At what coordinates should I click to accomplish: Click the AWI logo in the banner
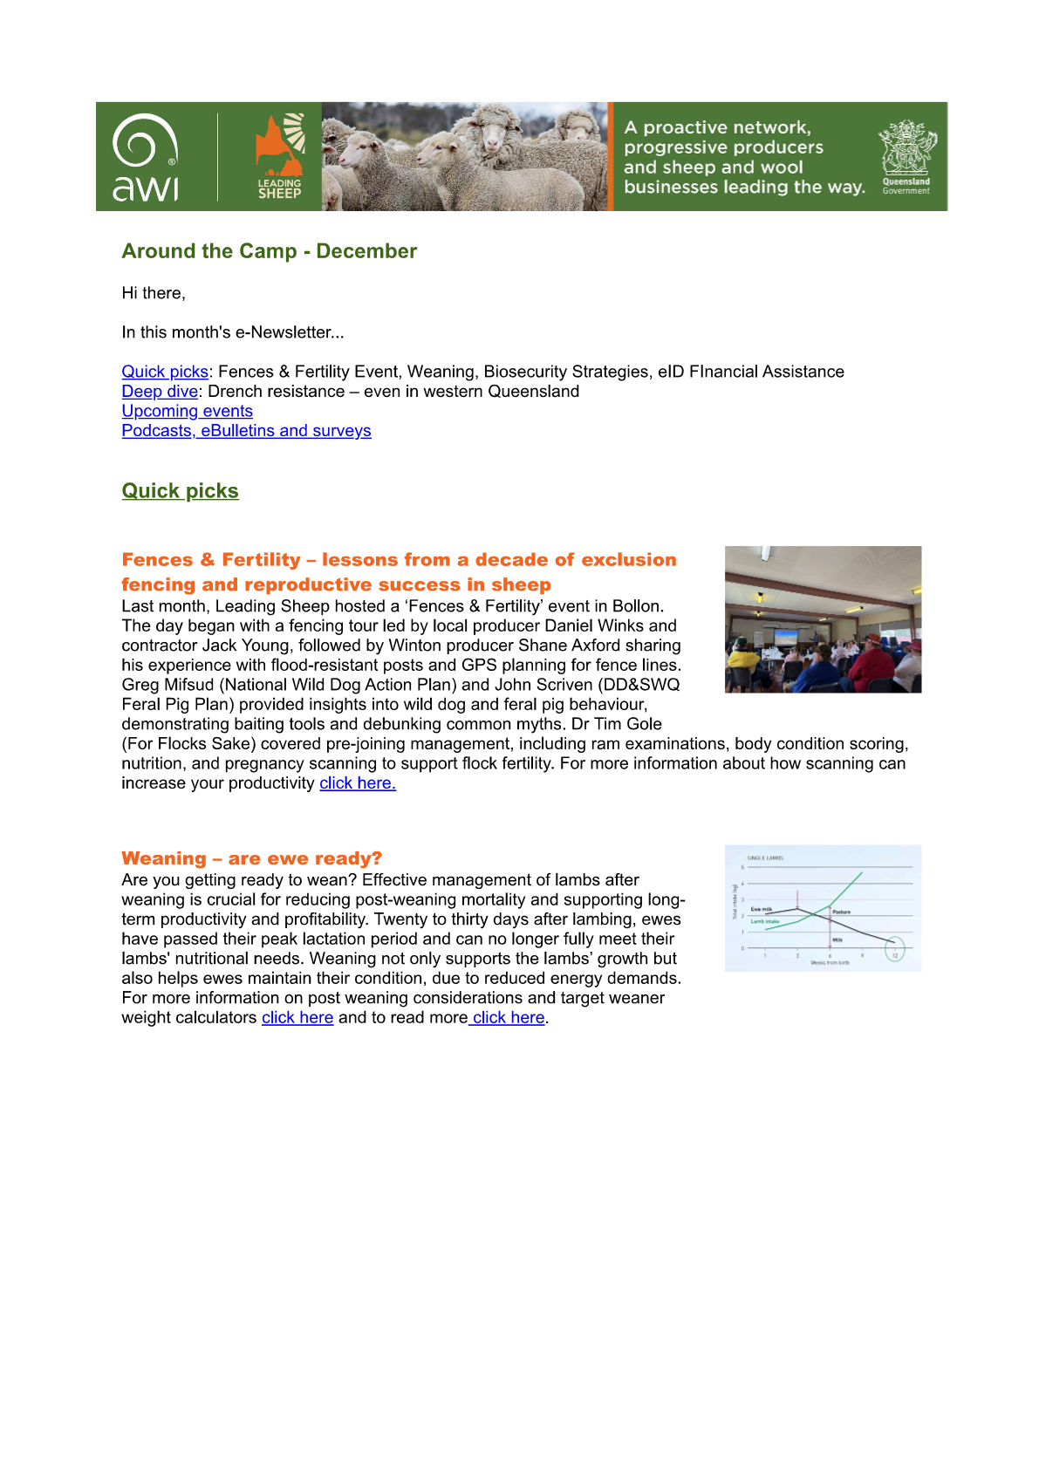pos(146,157)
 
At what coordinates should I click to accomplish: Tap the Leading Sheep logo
pos(279,157)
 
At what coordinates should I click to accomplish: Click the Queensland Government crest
pos(906,155)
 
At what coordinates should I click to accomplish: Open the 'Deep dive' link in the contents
pos(160,392)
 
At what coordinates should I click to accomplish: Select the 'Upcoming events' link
pos(187,411)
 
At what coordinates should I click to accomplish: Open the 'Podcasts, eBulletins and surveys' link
pos(246,431)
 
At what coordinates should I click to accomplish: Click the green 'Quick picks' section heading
pos(180,491)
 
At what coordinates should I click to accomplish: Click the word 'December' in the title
pos(366,251)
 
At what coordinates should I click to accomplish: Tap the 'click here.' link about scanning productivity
pos(358,783)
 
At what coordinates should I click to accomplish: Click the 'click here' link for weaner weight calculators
pos(297,1018)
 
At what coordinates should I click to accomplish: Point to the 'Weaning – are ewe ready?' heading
pos(251,858)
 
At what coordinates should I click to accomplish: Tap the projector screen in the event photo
pos(787,637)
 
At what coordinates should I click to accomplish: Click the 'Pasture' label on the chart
pos(842,912)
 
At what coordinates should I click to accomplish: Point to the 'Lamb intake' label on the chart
pos(765,921)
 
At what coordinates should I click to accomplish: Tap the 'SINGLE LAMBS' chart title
pos(765,858)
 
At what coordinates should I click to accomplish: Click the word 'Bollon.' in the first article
pos(638,606)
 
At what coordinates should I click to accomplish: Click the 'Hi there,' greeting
pos(154,293)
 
